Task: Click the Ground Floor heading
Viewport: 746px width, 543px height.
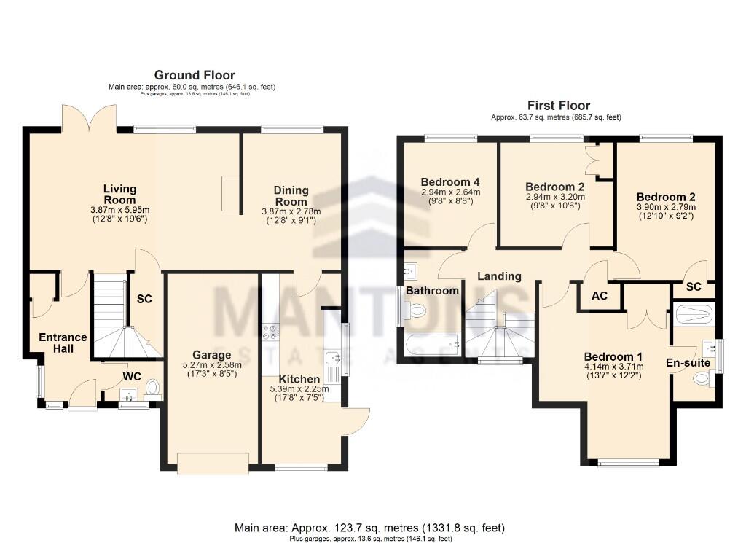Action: (194, 74)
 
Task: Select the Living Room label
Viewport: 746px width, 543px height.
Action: (119, 195)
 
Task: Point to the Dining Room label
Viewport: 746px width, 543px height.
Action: (291, 195)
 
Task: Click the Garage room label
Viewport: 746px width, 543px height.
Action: (211, 355)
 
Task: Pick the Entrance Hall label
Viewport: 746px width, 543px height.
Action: (63, 343)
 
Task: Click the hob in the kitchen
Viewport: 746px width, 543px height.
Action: (270, 332)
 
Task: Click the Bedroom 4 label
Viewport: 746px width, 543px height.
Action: (449, 182)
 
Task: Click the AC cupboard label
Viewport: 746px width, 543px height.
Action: (600, 297)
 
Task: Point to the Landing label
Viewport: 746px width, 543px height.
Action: (499, 276)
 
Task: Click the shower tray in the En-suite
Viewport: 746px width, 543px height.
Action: (694, 315)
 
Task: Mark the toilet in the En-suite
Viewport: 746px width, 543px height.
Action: (701, 378)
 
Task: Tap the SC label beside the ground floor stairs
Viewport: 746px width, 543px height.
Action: (144, 298)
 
